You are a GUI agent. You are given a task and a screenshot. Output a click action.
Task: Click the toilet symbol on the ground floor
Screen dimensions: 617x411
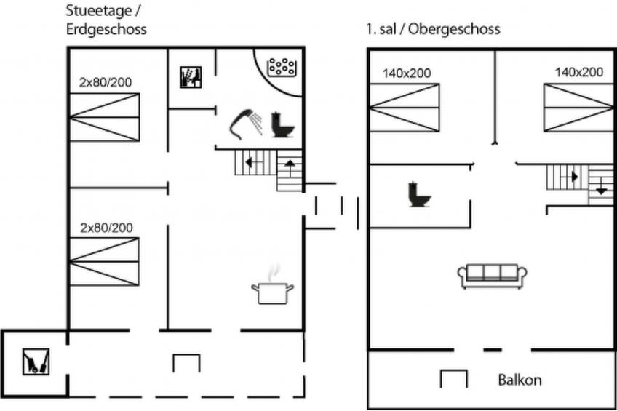[x=282, y=124]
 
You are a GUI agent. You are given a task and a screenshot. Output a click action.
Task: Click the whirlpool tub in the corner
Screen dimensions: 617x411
[x=282, y=67]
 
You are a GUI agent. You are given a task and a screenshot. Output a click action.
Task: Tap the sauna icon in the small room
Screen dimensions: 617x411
[x=191, y=77]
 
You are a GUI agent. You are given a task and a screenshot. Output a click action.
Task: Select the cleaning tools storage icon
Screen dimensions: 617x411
[x=36, y=362]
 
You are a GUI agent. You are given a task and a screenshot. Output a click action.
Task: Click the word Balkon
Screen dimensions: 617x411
[x=520, y=380]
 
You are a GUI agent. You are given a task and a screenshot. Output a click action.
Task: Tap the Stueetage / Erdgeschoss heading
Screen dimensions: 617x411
[x=106, y=20]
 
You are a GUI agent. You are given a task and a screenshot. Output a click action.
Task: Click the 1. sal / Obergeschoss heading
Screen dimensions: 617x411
[x=433, y=29]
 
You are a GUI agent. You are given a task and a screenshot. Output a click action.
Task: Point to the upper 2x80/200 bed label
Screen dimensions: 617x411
[x=106, y=82]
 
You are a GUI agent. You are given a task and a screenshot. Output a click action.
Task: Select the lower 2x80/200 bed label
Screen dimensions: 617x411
[x=106, y=228]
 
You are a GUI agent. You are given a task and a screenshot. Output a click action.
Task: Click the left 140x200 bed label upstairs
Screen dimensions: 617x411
[x=407, y=73]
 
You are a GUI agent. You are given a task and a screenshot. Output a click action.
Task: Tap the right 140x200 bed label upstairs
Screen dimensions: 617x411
[x=579, y=72]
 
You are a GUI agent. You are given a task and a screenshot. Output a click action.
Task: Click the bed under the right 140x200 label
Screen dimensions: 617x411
[x=578, y=108]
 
